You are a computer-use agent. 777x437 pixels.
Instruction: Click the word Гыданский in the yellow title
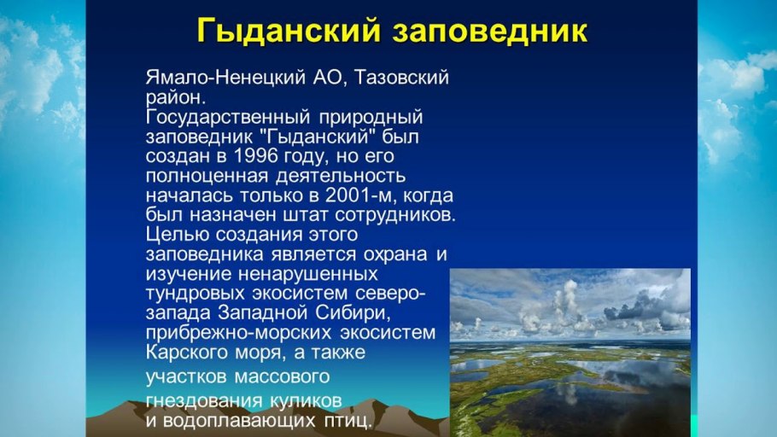289,32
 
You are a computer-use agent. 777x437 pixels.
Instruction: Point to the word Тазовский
402,78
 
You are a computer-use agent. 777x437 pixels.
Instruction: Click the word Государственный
228,118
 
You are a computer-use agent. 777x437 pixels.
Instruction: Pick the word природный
371,118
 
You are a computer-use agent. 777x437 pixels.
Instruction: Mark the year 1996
255,156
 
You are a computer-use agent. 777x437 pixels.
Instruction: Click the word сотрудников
395,216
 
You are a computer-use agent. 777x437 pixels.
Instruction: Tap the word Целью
178,235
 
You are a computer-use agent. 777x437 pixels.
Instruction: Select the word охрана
395,254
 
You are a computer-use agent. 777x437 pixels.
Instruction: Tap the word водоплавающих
239,421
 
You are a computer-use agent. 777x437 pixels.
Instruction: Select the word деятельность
341,176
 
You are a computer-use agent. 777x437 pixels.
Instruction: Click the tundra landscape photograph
570,353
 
